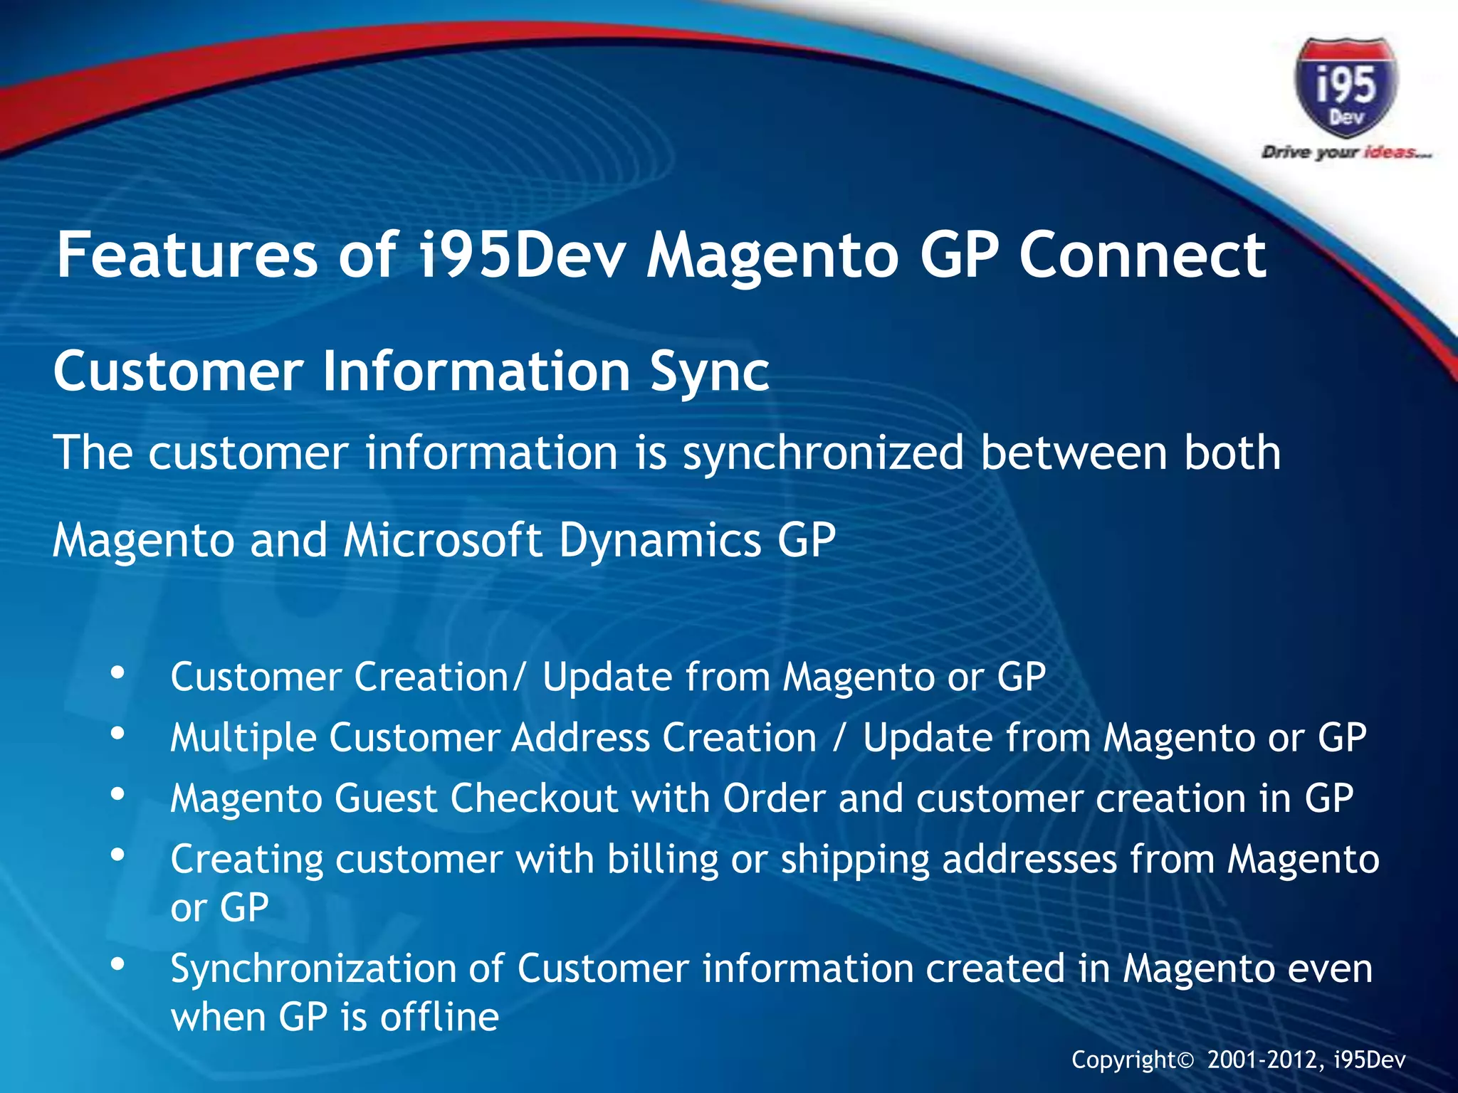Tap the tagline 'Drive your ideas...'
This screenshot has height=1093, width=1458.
pyautogui.click(x=1346, y=152)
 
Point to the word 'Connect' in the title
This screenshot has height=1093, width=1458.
pyautogui.click(x=1142, y=255)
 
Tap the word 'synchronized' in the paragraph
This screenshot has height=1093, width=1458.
pyautogui.click(x=823, y=453)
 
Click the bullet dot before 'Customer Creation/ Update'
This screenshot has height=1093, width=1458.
pyautogui.click(x=118, y=672)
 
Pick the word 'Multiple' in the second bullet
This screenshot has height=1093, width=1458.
pyautogui.click(x=243, y=738)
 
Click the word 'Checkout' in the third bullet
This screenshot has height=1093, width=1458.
pyautogui.click(x=534, y=798)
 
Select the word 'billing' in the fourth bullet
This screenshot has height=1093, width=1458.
pyautogui.click(x=663, y=860)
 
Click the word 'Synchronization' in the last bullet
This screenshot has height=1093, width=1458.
pyautogui.click(x=334, y=969)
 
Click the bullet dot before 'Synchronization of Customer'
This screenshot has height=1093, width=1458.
pyautogui.click(x=118, y=965)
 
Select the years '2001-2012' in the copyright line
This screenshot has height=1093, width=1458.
pyautogui.click(x=1265, y=1060)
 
